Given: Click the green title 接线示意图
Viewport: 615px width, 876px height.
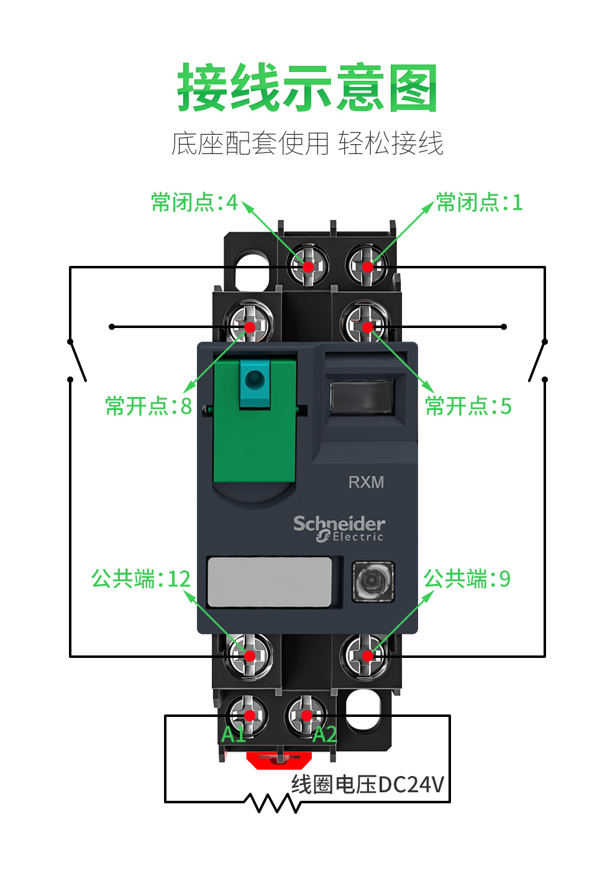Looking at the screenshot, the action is click(x=307, y=87).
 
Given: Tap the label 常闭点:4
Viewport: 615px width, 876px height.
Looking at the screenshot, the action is click(x=194, y=202).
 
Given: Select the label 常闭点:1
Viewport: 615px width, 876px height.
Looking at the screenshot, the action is click(x=480, y=202).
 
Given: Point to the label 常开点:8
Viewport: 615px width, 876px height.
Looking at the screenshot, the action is click(x=148, y=406).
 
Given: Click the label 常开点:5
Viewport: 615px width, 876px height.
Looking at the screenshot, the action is click(x=468, y=406).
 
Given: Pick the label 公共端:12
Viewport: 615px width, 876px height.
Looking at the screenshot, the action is click(x=141, y=578).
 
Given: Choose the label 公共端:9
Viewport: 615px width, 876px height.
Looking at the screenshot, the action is click(x=467, y=578).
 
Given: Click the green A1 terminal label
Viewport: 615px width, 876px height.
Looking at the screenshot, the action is click(x=234, y=734).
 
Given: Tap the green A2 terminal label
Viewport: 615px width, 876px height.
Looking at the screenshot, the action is click(x=324, y=734).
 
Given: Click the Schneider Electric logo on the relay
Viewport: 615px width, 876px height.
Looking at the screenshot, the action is click(x=339, y=529).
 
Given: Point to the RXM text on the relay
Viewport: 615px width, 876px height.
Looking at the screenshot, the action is click(x=366, y=482).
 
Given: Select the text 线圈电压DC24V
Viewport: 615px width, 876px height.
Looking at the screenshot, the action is click(x=368, y=784).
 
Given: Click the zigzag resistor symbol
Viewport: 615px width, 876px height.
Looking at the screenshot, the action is click(x=273, y=803).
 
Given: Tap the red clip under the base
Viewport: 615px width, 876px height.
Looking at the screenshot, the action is click(x=279, y=759).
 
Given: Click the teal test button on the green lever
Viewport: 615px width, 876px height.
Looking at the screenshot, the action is click(x=255, y=384).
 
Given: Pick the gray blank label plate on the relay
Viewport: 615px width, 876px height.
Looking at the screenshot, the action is click(x=270, y=582).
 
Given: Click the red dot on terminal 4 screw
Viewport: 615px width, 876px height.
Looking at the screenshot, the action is click(x=308, y=267).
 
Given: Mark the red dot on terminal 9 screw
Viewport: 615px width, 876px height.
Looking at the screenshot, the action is click(x=368, y=655).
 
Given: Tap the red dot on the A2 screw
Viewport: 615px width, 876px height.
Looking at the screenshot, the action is click(x=307, y=716).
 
